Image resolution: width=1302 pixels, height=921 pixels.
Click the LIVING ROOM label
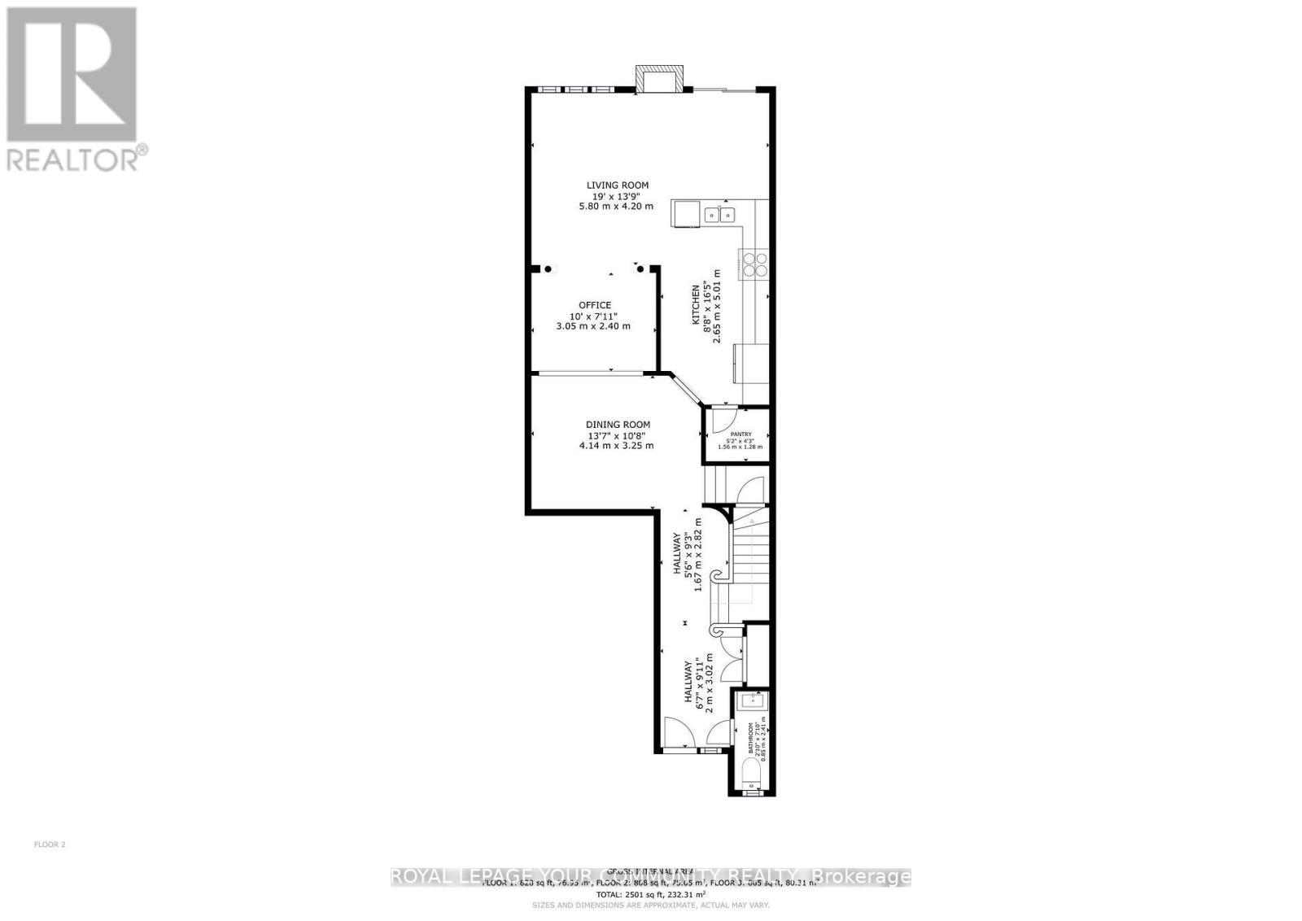coord(618,186)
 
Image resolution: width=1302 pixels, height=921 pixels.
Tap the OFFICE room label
coord(594,305)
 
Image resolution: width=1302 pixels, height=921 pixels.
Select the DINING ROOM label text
coord(618,424)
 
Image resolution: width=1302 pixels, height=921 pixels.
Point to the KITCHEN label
coord(696,305)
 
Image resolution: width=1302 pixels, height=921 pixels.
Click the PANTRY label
coord(741,434)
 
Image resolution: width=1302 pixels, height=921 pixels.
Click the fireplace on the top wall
coord(658,79)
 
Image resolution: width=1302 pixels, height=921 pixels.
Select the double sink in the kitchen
coord(720,215)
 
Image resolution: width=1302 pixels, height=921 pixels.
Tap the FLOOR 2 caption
coord(50,845)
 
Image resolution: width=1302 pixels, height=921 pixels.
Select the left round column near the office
coord(548,269)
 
